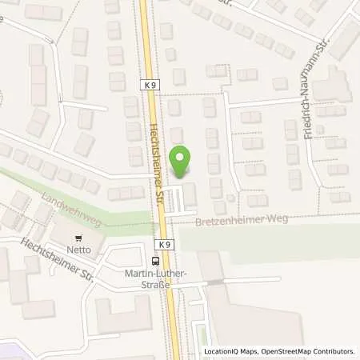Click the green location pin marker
click(x=182, y=162)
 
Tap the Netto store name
click(x=78, y=250)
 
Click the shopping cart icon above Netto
click(x=78, y=238)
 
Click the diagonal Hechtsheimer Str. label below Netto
click(x=57, y=262)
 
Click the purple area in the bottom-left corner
click(x=8, y=350)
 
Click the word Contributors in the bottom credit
click(x=330, y=351)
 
